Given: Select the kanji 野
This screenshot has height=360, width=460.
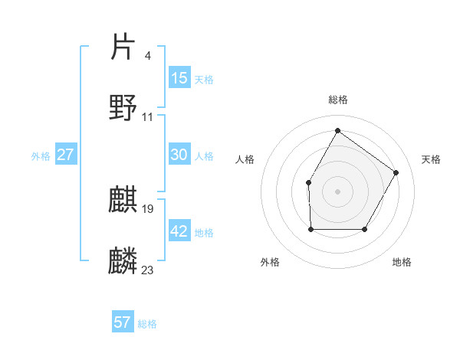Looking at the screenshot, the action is pyautogui.click(x=123, y=107).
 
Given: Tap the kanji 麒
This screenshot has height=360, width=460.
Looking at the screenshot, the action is pyautogui.click(x=123, y=199).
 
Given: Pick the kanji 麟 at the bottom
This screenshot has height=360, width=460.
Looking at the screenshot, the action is pyautogui.click(x=123, y=261).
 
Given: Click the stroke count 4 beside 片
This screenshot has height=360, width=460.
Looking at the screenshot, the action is pyautogui.click(x=147, y=55).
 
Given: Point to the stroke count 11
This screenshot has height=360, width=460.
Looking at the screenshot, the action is pyautogui.click(x=148, y=117).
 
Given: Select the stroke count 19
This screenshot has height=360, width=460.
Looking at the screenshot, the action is pyautogui.click(x=148, y=208).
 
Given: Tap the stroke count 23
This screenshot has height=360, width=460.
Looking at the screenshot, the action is pyautogui.click(x=148, y=270).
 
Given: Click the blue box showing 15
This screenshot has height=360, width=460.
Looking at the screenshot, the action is pyautogui.click(x=179, y=78).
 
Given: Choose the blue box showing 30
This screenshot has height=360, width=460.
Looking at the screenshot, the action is pyautogui.click(x=179, y=155).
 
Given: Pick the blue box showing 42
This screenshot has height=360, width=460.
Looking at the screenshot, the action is pyautogui.click(x=179, y=231).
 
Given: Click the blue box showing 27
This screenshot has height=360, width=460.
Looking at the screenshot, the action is pyautogui.click(x=66, y=155).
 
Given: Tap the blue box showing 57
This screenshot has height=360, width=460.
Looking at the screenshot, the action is pyautogui.click(x=123, y=322).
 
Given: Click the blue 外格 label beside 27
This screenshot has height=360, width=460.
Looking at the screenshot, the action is pyautogui.click(x=41, y=156).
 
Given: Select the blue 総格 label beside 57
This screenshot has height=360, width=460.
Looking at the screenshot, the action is pyautogui.click(x=147, y=324).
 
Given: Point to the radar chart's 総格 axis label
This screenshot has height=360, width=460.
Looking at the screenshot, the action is pyautogui.click(x=337, y=100).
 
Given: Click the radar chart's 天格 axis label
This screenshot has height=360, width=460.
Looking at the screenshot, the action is pyautogui.click(x=431, y=159).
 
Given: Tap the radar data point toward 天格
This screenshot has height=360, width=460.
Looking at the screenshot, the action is pyautogui.click(x=396, y=172).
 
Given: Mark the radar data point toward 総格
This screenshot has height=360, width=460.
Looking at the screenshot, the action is pyautogui.click(x=337, y=130).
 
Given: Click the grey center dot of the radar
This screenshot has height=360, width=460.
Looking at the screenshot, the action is pyautogui.click(x=337, y=191).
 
